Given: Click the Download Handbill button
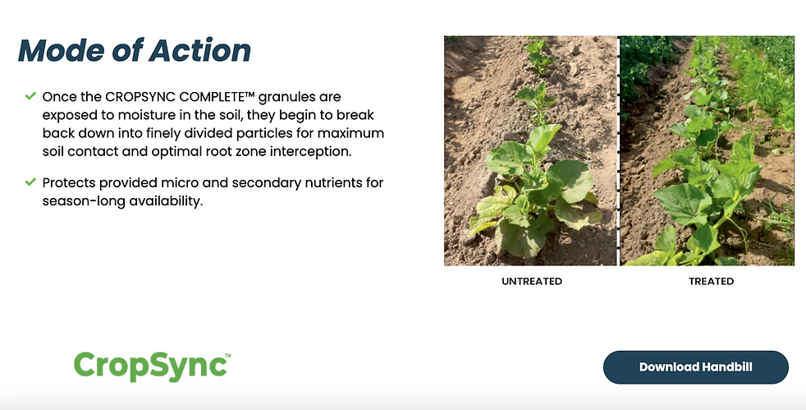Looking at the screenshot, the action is pyautogui.click(x=695, y=367).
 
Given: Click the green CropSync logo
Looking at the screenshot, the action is pyautogui.click(x=152, y=366).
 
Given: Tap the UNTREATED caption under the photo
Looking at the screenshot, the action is pyautogui.click(x=532, y=281).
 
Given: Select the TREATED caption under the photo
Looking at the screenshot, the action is pyautogui.click(x=711, y=281).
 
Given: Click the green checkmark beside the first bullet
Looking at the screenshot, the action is pyautogui.click(x=30, y=95).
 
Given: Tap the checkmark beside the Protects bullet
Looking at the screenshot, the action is pyautogui.click(x=30, y=182).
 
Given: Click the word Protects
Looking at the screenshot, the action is pyautogui.click(x=69, y=183).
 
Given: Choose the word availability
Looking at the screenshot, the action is pyautogui.click(x=166, y=201).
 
